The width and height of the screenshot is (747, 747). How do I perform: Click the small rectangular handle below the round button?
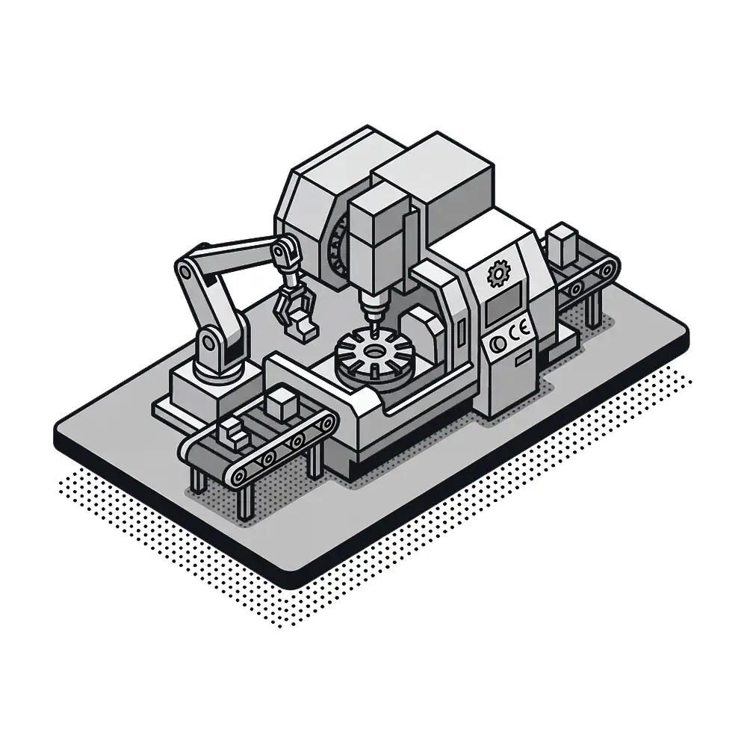tap(524, 357)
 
